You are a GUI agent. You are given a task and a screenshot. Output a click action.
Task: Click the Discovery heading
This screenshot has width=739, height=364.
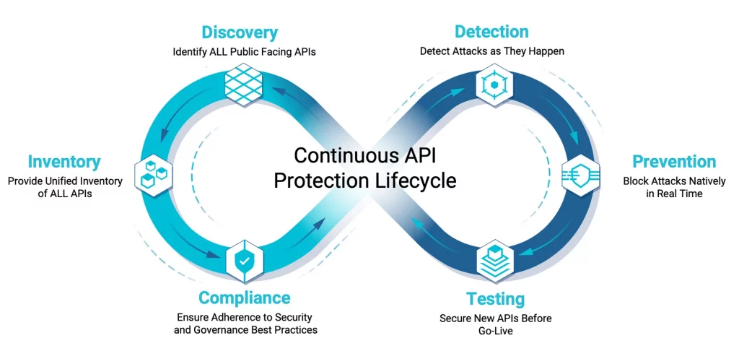(x=240, y=33)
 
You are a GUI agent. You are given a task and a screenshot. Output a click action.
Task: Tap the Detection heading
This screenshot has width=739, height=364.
(x=491, y=32)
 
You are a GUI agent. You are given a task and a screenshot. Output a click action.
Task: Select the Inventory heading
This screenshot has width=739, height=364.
(x=64, y=162)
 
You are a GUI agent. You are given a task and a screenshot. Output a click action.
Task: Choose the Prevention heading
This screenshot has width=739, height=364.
(x=674, y=162)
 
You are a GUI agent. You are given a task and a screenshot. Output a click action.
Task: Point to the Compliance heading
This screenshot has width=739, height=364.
(x=244, y=298)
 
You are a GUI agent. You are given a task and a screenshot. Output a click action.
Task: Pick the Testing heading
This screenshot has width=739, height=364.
(x=495, y=299)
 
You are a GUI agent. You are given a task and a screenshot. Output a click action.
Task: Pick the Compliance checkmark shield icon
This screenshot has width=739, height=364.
(x=243, y=261)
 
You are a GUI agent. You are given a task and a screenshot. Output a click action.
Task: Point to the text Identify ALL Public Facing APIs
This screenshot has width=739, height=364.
(x=244, y=52)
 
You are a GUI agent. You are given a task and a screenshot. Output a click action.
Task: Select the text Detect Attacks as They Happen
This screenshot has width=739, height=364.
(x=492, y=51)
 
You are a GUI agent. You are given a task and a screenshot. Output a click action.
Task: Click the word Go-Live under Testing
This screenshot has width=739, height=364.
(x=495, y=331)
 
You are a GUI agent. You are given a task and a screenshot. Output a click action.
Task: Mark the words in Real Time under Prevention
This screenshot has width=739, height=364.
(x=674, y=194)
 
